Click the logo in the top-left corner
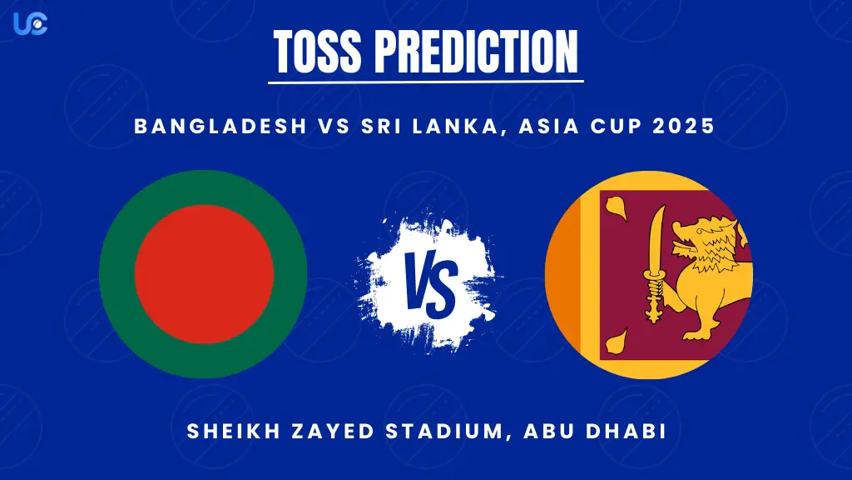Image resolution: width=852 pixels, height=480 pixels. [x=30, y=22]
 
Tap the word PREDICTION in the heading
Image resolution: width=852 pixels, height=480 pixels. [x=475, y=51]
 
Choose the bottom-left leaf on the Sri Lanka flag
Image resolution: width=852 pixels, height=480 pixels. [x=616, y=341]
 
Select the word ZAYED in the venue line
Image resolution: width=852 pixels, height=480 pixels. [x=322, y=432]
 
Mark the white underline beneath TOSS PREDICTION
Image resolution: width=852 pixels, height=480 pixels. [x=426, y=82]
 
